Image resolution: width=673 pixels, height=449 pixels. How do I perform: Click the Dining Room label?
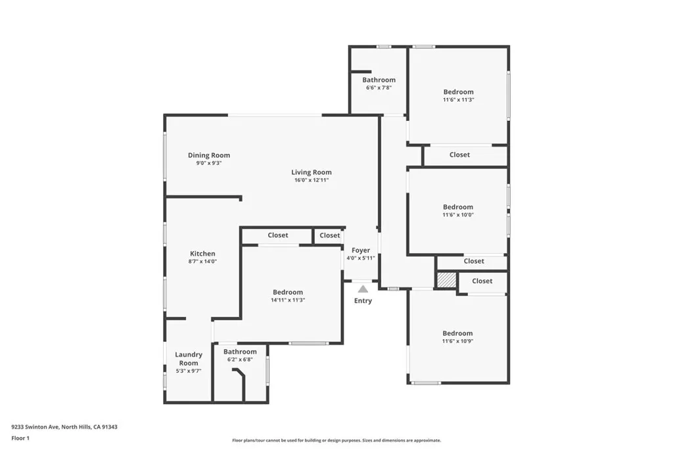coord(209,156)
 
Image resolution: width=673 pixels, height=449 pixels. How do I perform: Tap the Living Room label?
coord(312,173)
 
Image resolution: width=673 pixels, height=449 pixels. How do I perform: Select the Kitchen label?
coord(202,254)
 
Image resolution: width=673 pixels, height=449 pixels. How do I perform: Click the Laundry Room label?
coord(189,359)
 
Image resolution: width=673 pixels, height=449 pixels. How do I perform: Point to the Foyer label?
coord(361,250)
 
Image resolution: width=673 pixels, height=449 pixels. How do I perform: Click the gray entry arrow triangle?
coord(363,289)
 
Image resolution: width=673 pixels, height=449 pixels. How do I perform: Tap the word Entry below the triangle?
coord(363,301)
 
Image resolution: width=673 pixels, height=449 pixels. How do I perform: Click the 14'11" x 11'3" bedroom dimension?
coord(288,300)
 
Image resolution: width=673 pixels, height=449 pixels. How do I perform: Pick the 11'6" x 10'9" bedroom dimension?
coord(457,341)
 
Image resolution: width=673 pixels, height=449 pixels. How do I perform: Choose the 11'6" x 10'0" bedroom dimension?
coord(458,215)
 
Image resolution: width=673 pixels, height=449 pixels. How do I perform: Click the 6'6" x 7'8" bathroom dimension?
coord(379,87)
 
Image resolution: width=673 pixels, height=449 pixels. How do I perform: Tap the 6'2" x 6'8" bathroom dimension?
coord(240,360)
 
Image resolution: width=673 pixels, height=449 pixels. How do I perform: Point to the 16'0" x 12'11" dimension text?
coord(312,180)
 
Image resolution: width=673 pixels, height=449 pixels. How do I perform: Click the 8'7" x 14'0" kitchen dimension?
coord(202,261)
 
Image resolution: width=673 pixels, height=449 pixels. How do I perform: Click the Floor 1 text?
coord(20,438)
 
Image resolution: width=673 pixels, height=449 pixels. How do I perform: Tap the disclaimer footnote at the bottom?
coord(336,440)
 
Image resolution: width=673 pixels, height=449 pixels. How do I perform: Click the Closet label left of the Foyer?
coord(330,235)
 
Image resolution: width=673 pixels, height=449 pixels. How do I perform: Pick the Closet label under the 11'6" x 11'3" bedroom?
coord(459,155)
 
